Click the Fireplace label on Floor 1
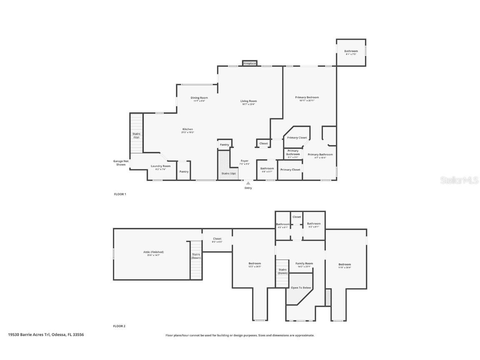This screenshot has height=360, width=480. (x=250, y=63)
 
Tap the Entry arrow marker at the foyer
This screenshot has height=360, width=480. (x=248, y=183)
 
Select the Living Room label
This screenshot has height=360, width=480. (x=248, y=101)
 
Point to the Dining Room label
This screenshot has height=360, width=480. (x=199, y=98)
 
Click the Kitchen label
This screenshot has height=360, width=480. (x=187, y=130)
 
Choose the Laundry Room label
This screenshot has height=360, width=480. (x=160, y=166)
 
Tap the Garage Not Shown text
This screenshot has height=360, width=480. (x=121, y=163)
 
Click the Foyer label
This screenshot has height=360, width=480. (x=245, y=161)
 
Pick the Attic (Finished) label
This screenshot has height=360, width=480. (x=153, y=252)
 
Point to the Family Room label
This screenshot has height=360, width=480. (x=304, y=264)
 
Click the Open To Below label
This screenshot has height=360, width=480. (x=301, y=287)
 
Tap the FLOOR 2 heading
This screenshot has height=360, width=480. (x=120, y=326)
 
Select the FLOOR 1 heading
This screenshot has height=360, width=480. (x=120, y=194)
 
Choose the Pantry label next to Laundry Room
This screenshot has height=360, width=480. (x=184, y=171)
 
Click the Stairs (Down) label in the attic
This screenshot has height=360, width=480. (x=196, y=256)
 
